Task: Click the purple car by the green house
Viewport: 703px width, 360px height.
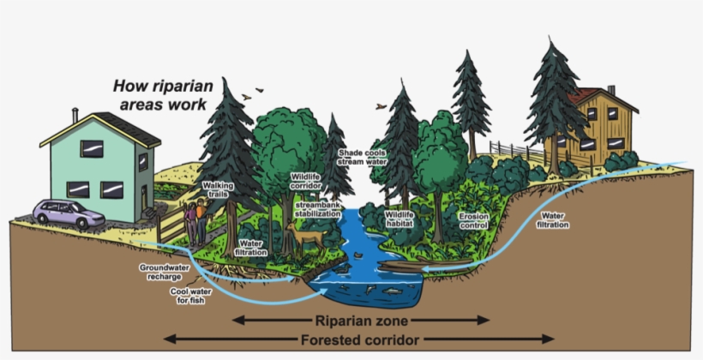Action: click(69, 213)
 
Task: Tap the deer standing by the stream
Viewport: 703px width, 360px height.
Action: click(305, 235)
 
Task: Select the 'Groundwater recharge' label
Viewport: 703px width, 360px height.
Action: click(164, 273)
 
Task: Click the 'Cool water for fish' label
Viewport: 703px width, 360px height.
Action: click(189, 296)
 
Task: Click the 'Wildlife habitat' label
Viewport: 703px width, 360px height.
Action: click(400, 219)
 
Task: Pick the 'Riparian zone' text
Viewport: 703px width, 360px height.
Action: click(362, 320)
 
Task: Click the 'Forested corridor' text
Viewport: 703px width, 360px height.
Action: click(360, 339)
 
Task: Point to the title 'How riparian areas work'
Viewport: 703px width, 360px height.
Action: click(160, 95)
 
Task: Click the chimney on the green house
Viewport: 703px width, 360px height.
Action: click(75, 114)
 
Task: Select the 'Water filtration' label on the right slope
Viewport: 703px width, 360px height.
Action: click(553, 219)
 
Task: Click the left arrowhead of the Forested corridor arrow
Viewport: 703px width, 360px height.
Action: click(170, 339)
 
